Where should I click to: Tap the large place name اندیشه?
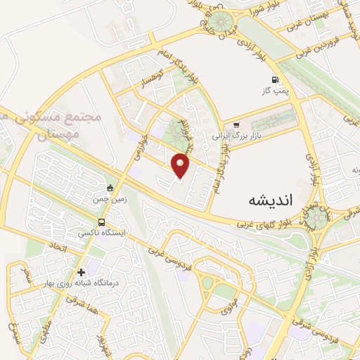tap(270, 200)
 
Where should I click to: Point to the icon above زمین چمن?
tap(110, 188)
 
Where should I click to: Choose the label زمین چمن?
tap(109, 200)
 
